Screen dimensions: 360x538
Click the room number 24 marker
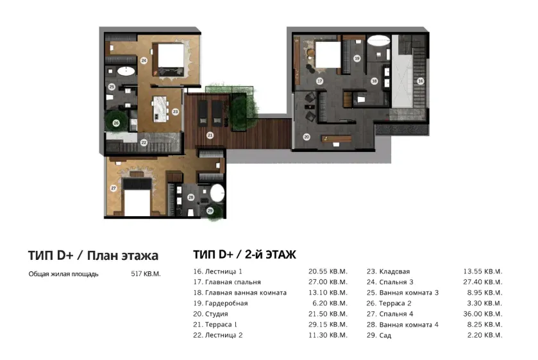pos(144,61)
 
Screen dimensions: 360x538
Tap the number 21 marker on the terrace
pos(209,135)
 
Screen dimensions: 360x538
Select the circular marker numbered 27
pos(113,188)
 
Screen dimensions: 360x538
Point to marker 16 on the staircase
pos(420,81)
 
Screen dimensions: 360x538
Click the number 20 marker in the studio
pos(307,137)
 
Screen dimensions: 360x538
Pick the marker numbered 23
pos(174,110)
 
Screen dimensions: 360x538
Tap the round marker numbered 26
pos(116,123)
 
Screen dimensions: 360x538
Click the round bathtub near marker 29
pos(219,193)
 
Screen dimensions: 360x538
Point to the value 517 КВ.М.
pos(146,274)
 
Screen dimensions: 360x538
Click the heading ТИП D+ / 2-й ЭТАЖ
pos(244,255)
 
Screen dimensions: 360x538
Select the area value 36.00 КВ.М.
pos(483,314)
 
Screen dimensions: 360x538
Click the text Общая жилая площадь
pos(63,274)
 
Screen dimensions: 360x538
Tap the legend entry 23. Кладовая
pos(388,271)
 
